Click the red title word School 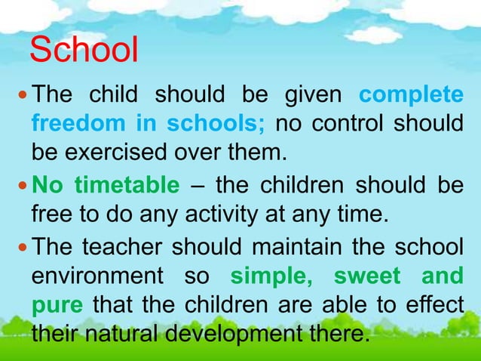click(84, 52)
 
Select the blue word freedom click(80, 124)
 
